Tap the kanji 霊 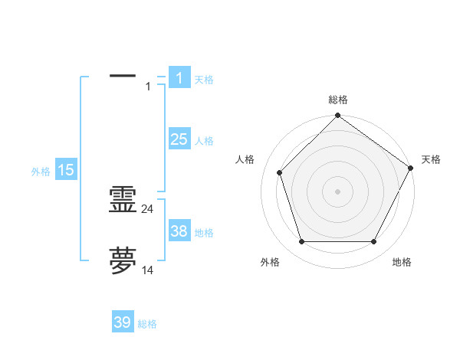point(123,201)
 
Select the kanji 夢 point(123,261)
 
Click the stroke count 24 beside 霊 point(148,209)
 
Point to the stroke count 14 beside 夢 point(148,270)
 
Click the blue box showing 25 point(179,139)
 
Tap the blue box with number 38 point(179,231)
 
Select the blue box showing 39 point(123,322)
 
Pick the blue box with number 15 point(66,170)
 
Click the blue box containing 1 point(179,77)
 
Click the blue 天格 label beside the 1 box point(204,80)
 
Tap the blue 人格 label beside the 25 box point(204,141)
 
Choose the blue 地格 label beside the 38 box point(204,233)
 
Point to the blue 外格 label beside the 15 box point(41,172)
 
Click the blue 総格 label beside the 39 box point(147,324)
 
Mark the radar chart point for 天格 point(411,168)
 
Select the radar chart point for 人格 point(280,172)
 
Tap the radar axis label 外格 point(270,262)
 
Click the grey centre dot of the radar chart point(337,191)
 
